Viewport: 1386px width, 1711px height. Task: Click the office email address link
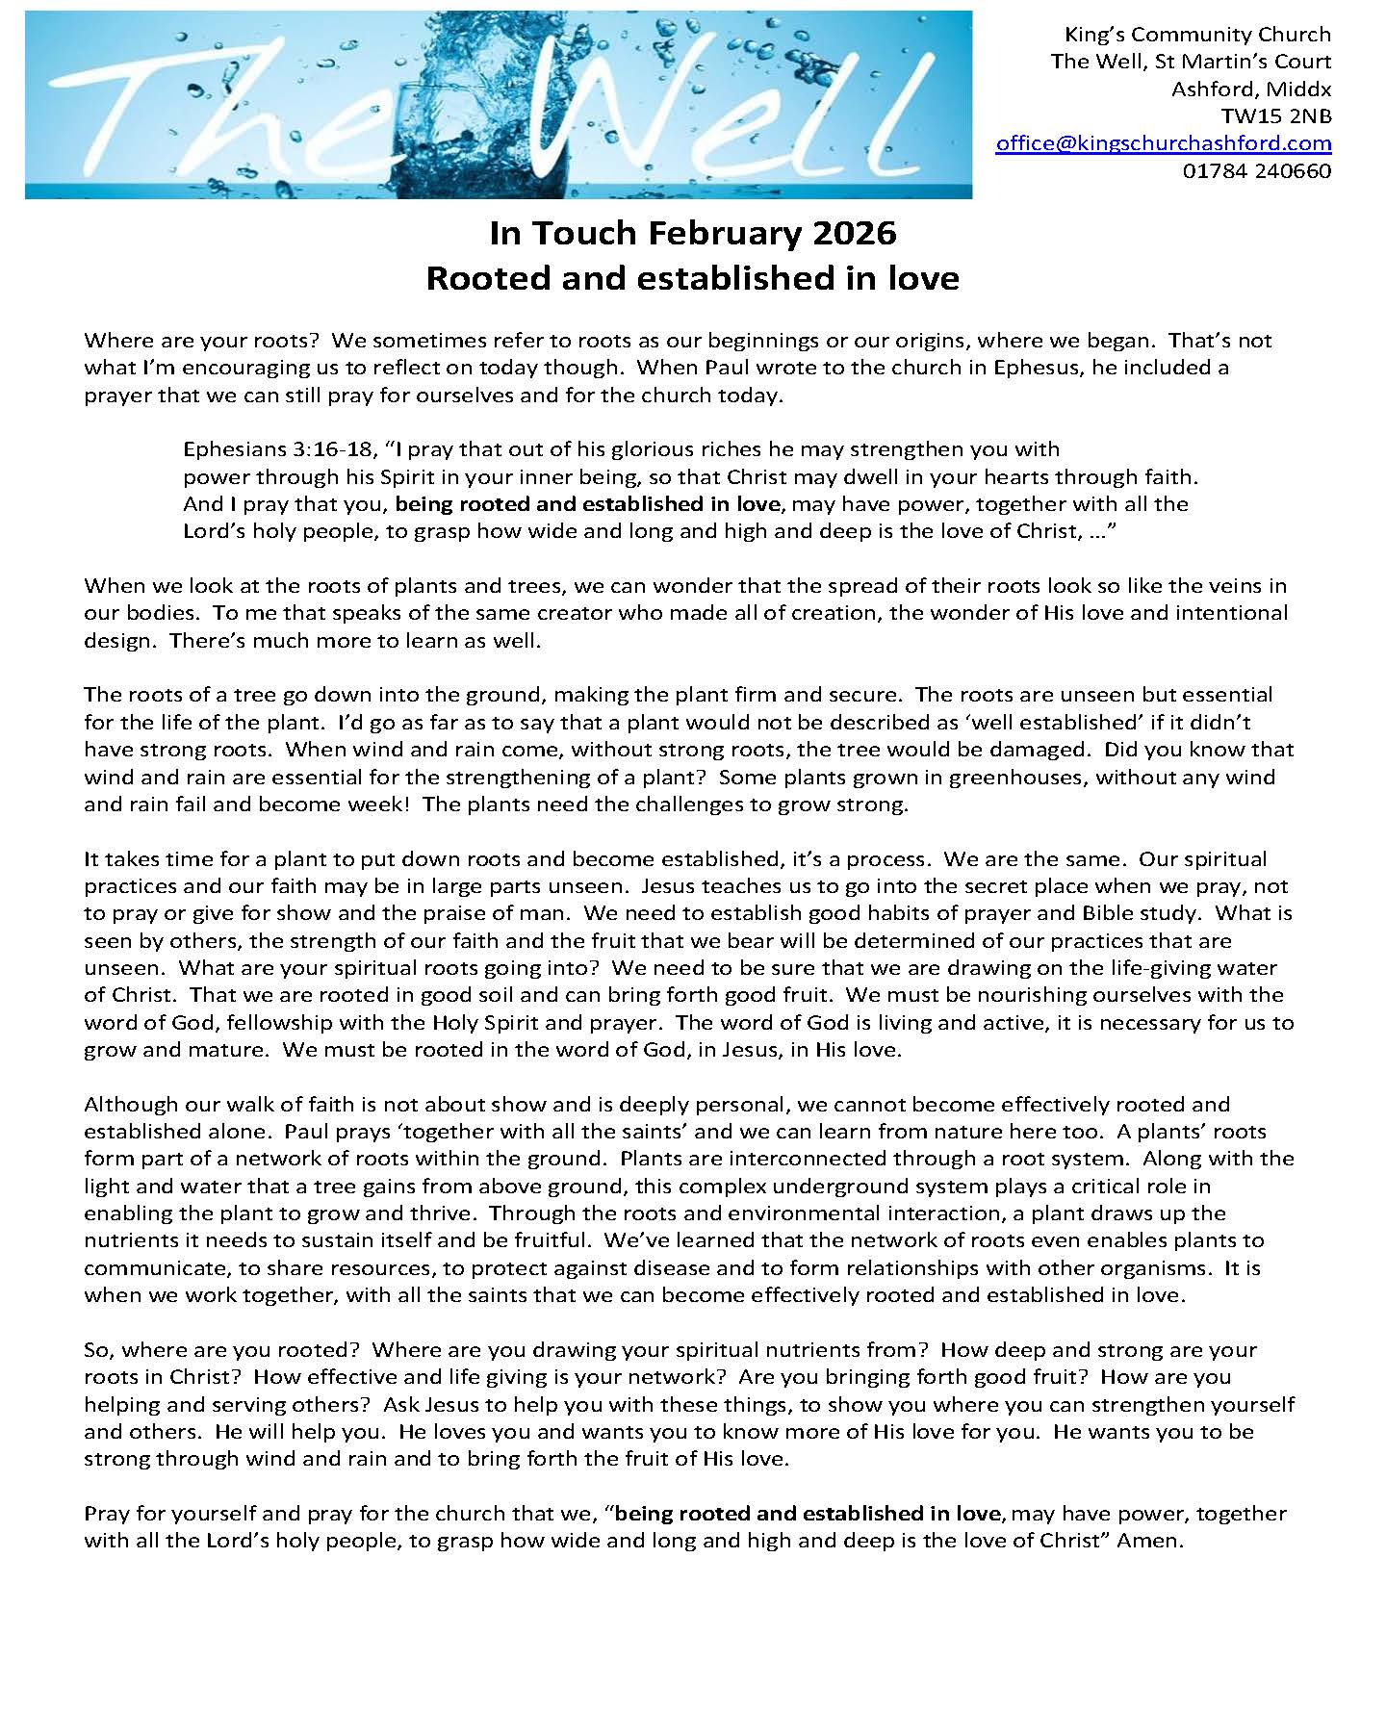pos(1163,143)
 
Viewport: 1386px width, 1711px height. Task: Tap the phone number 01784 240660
pos(1256,171)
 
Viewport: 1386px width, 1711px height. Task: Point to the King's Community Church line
pos(1196,35)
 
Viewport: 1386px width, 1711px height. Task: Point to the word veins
pos(1223,586)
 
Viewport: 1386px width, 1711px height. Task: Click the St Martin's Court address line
pos(1191,62)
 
